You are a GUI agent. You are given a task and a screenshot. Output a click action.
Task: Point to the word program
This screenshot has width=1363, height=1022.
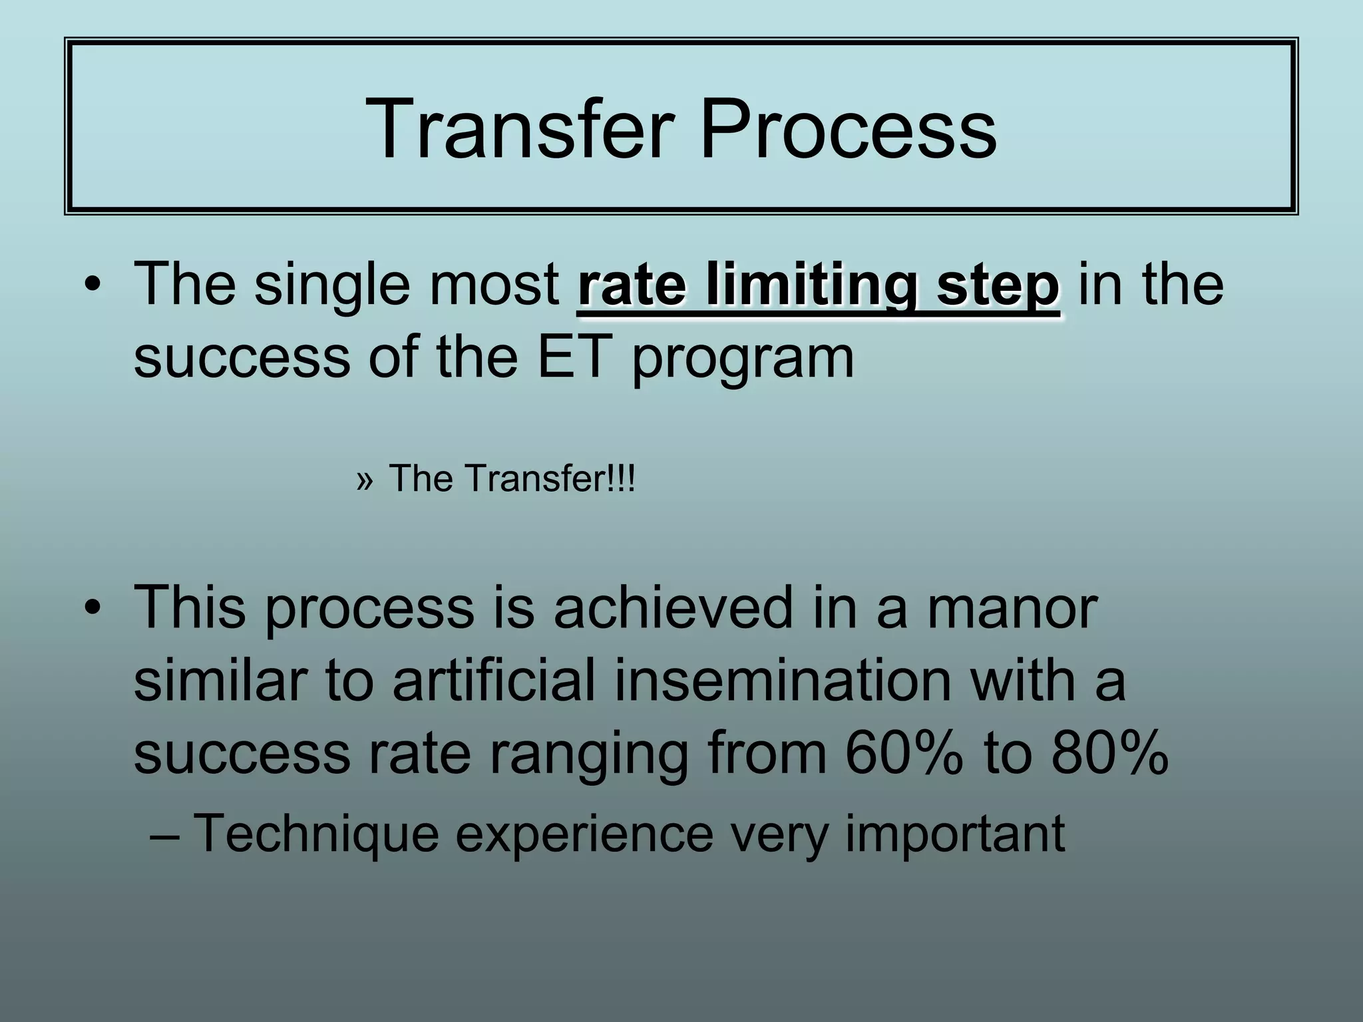click(742, 359)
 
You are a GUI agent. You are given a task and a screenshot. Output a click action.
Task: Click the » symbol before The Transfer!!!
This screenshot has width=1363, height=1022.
click(364, 479)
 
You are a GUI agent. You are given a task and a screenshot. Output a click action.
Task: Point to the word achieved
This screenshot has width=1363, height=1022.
click(673, 607)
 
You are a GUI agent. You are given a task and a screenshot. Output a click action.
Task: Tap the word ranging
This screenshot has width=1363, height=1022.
click(589, 755)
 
